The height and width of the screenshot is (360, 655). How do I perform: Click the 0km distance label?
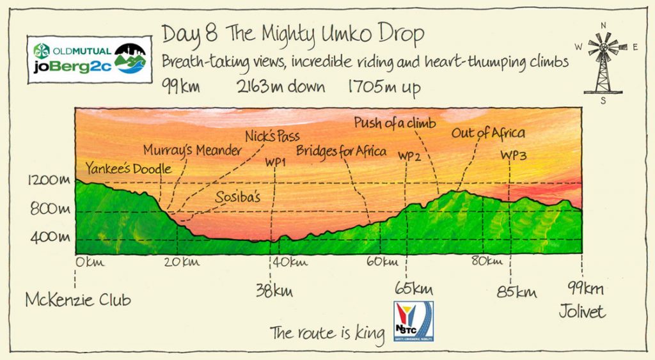89,262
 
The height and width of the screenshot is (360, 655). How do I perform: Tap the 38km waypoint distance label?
274,290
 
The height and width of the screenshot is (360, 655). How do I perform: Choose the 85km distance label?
517,292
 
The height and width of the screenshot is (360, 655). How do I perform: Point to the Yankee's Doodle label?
128,169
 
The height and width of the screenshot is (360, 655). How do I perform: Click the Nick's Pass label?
273,136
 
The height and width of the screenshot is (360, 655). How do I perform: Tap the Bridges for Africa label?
341,152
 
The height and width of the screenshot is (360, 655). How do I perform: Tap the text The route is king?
327,332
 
